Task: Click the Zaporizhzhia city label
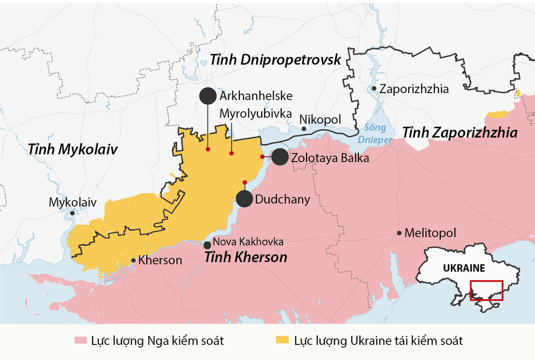pos(414,89)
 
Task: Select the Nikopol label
pos(320,120)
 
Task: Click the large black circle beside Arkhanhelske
pos(208,96)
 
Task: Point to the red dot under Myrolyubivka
pos(231,153)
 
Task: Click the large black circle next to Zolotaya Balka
pos(280,157)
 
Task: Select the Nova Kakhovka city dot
pos(207,245)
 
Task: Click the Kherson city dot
pos(133,261)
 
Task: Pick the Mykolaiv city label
pos(72,203)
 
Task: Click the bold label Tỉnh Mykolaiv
pos(73,149)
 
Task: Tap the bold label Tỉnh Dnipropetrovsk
pos(276,59)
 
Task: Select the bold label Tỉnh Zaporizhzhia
pos(460,133)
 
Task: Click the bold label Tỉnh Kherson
pos(246,258)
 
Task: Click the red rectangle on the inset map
pos(487,290)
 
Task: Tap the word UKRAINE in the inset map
pos(464,268)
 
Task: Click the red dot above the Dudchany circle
pos(244,182)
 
